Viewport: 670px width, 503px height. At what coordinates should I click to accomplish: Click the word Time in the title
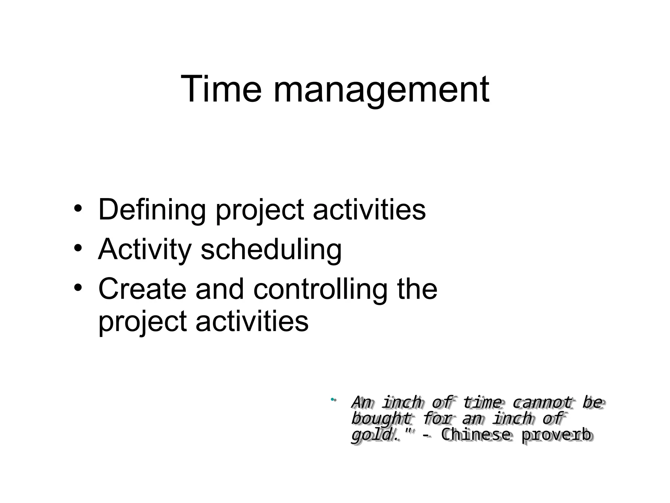(221, 89)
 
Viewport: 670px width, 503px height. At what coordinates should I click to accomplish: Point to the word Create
(142, 289)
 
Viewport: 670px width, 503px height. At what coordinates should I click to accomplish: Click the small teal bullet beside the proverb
(332, 399)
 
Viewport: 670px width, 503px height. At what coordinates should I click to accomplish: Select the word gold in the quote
(371, 435)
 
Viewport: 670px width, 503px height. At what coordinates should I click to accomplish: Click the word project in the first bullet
(260, 211)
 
